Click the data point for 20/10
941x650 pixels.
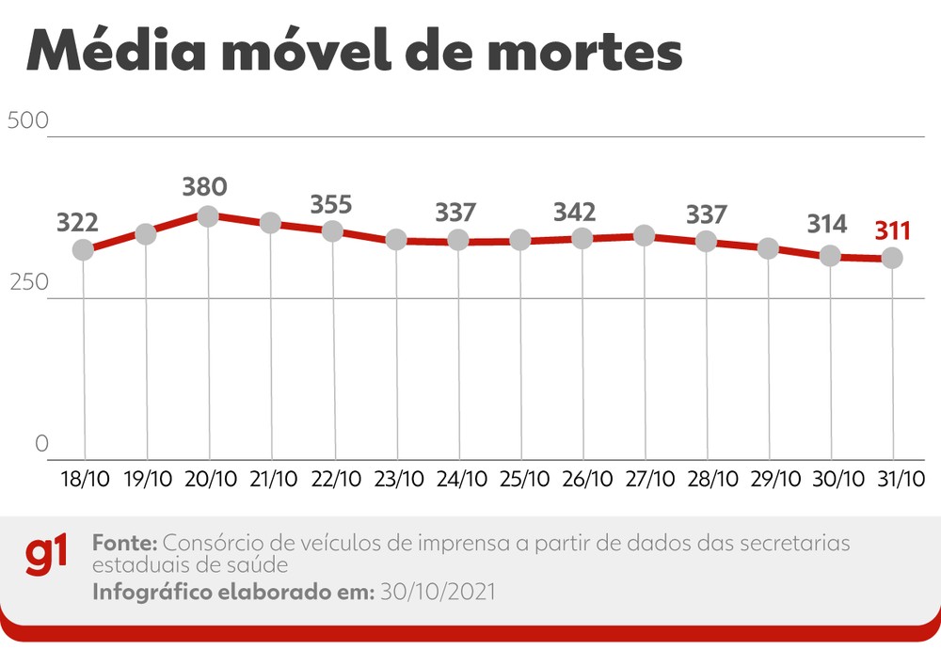pyautogui.click(x=208, y=216)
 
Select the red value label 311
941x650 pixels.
pyautogui.click(x=892, y=230)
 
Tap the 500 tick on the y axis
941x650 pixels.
pyautogui.click(x=27, y=121)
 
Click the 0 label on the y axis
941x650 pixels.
pyautogui.click(x=41, y=444)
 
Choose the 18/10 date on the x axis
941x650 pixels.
pyautogui.click(x=85, y=480)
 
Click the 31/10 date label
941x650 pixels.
pyautogui.click(x=893, y=480)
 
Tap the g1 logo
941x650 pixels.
pyautogui.click(x=47, y=557)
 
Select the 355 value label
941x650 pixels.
pyautogui.click(x=332, y=204)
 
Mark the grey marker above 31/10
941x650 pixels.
pyautogui.click(x=892, y=258)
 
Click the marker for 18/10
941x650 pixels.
pyautogui.click(x=84, y=250)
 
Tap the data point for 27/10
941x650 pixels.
pyautogui.click(x=645, y=235)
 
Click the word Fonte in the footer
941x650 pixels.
pyautogui.click(x=126, y=544)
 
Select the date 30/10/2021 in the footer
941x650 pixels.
pyautogui.click(x=437, y=593)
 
